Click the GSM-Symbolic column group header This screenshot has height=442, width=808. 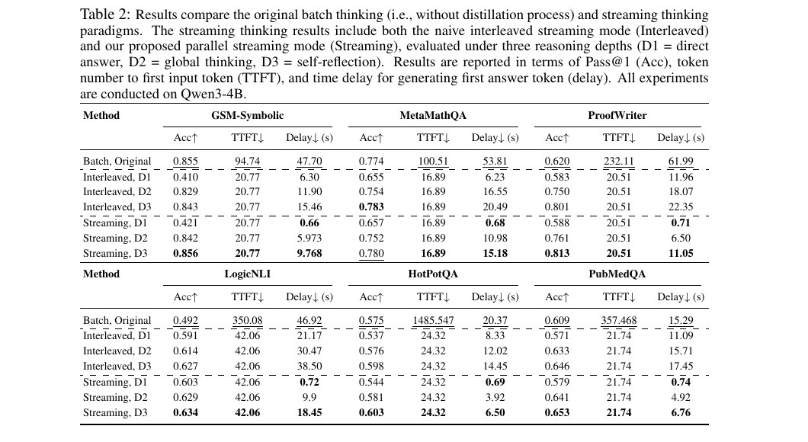tap(247, 116)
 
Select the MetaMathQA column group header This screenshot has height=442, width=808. tap(433, 116)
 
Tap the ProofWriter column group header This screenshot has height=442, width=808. tap(617, 116)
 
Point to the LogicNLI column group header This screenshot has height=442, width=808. tap(247, 274)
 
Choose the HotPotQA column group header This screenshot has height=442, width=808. tap(433, 274)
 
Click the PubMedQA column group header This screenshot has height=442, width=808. tap(617, 274)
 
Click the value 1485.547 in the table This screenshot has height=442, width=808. tap(433, 321)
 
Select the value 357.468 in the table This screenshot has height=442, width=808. tap(618, 321)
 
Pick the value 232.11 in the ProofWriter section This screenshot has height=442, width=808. tap(618, 162)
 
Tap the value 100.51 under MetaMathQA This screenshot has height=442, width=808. tap(433, 162)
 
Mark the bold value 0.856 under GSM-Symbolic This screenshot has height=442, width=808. tap(185, 254)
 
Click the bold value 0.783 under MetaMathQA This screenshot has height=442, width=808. tap(371, 207)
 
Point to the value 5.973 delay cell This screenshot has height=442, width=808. tap(309, 239)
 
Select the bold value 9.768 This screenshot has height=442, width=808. tap(309, 254)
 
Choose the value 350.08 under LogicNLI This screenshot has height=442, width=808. tap(247, 321)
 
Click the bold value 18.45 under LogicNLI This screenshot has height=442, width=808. tap(309, 413)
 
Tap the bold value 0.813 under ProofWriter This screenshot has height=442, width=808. tap(557, 254)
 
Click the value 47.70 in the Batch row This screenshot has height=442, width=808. tap(309, 162)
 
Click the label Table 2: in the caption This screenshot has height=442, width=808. tap(101, 15)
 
